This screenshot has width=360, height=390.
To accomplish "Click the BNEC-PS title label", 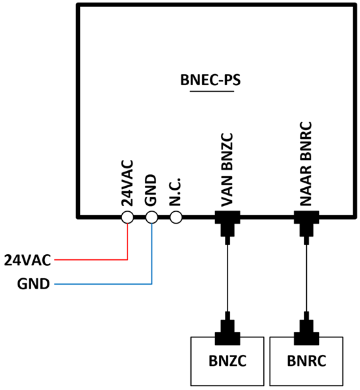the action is [x=211, y=80].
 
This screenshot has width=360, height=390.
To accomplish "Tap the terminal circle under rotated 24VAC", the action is [x=127, y=217].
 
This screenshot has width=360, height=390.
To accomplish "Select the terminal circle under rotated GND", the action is [x=151, y=217].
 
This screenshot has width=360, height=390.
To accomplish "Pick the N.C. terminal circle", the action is [x=176, y=217].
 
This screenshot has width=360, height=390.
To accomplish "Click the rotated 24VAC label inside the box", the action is [x=127, y=183].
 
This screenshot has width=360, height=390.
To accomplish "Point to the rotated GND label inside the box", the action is [x=151, y=190].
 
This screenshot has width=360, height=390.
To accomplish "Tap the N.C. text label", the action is [x=175, y=192].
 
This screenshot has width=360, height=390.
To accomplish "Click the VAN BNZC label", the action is [x=227, y=170].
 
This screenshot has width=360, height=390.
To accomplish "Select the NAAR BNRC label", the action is [x=306, y=164].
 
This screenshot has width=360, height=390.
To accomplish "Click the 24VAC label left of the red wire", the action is [x=27, y=260].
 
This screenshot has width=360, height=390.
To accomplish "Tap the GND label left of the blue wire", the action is [x=34, y=284].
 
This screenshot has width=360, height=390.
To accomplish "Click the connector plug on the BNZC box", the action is [x=227, y=331].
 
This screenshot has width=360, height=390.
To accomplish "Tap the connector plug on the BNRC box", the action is [x=307, y=331].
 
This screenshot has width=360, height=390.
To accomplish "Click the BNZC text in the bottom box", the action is [x=227, y=361].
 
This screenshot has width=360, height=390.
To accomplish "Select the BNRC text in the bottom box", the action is [x=307, y=361].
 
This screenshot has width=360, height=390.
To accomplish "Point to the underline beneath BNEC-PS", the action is [x=212, y=91].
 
